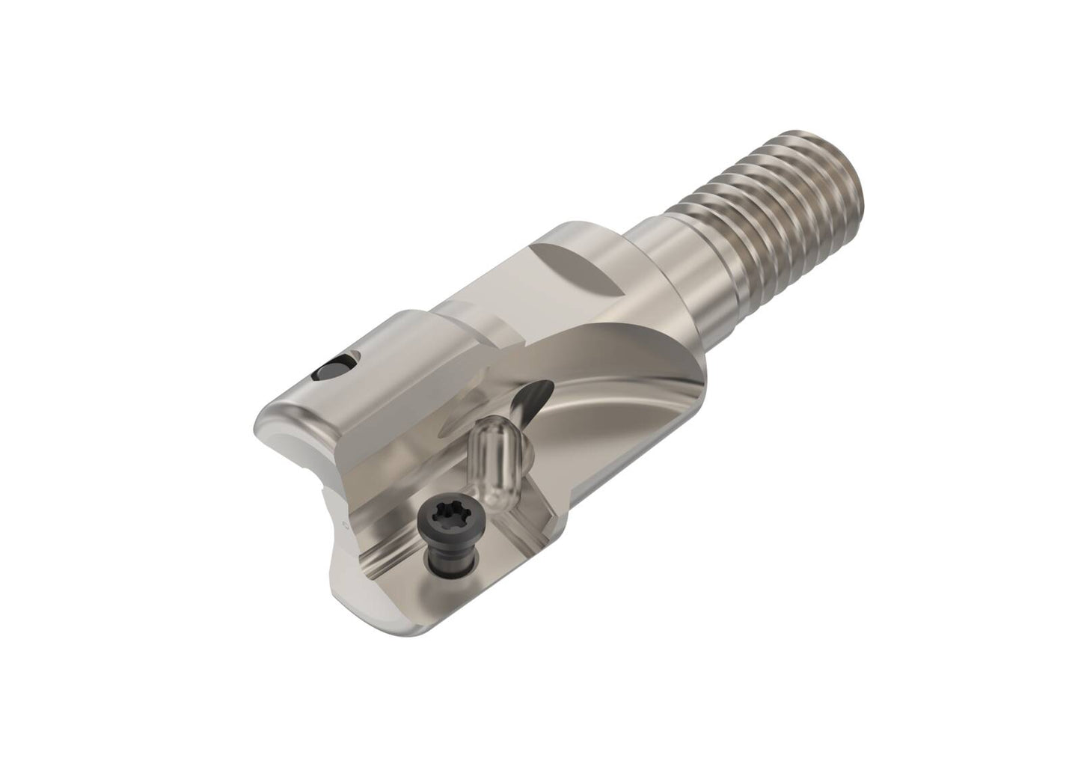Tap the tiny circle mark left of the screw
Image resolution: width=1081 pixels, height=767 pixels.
345,527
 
